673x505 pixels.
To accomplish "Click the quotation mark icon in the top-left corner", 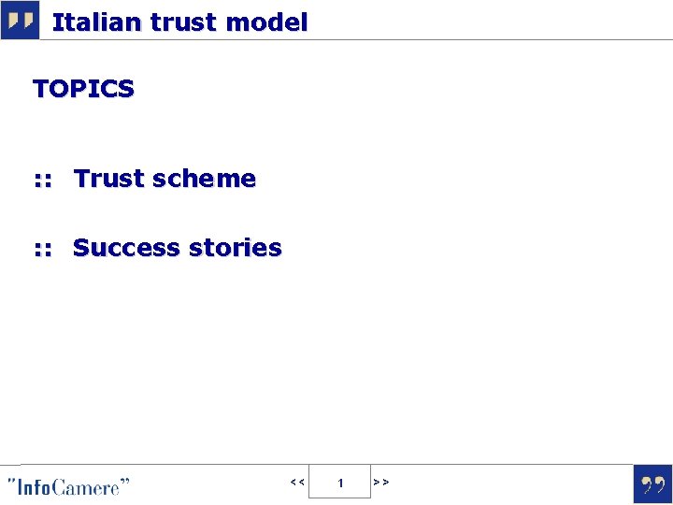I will (x=20, y=20).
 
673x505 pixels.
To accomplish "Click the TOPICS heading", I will (x=83, y=89).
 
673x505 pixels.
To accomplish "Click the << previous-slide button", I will (x=296, y=483).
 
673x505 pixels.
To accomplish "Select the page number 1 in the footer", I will (x=340, y=483).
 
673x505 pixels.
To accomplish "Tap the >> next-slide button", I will (x=381, y=483).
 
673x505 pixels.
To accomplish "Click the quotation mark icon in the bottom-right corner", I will (x=652, y=484).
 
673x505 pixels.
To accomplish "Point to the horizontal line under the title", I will (x=374, y=39).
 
